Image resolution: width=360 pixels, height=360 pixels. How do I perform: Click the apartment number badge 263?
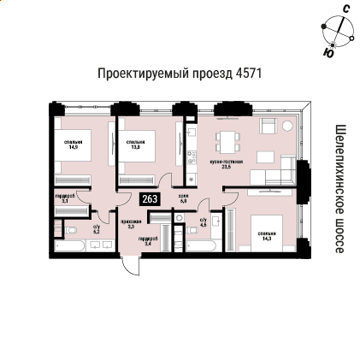[150, 199]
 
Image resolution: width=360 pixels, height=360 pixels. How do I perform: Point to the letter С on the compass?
[345, 9]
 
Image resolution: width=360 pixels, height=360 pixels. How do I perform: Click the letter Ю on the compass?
[329, 53]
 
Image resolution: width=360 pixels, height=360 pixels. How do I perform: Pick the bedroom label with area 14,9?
[73, 145]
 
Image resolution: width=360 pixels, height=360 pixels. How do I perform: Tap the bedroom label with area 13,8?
[135, 145]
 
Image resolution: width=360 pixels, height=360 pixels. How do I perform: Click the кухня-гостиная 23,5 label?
[226, 163]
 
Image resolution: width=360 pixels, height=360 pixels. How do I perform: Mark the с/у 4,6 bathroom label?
[203, 222]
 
